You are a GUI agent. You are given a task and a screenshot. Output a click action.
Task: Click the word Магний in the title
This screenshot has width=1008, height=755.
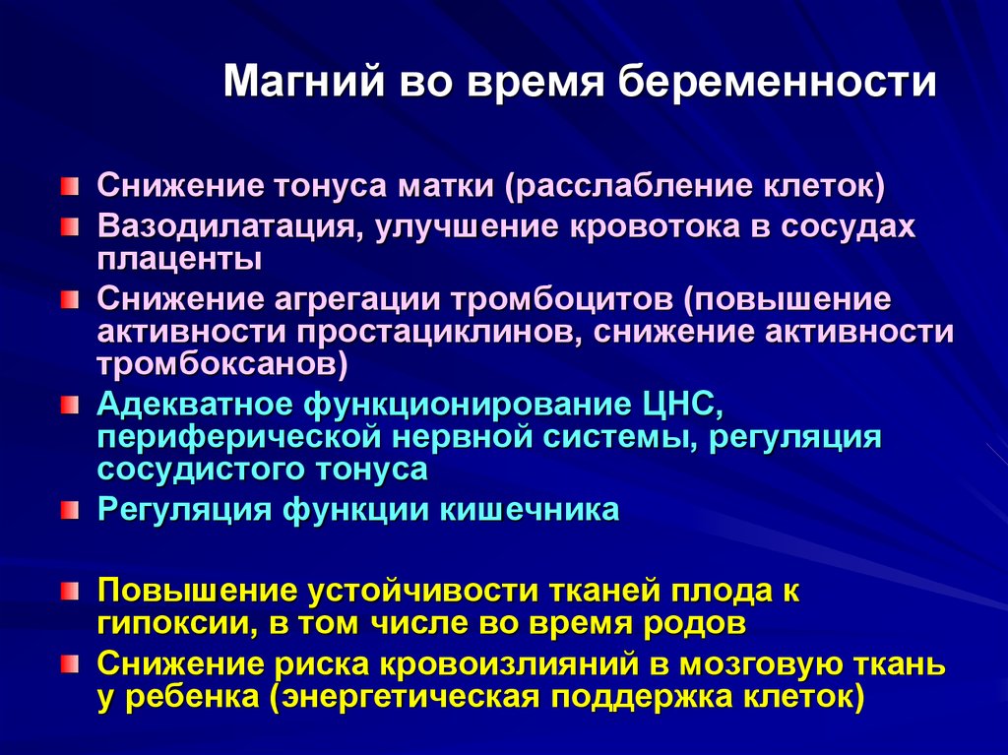[304, 83]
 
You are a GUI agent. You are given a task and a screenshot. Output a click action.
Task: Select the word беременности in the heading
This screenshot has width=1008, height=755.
[777, 83]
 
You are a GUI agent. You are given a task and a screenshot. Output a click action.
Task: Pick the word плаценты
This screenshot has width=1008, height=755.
[179, 260]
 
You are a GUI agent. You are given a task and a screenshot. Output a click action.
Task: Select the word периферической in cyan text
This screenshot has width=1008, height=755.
[240, 437]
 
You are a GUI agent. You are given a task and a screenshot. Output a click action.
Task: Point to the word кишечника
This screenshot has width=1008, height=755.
[529, 510]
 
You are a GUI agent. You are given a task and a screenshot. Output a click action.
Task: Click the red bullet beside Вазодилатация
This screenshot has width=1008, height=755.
[70, 227]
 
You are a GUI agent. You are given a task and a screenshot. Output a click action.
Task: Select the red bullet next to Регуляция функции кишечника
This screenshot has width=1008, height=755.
[70, 511]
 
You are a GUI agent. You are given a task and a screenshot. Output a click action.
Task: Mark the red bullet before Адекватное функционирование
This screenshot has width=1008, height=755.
[70, 406]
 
